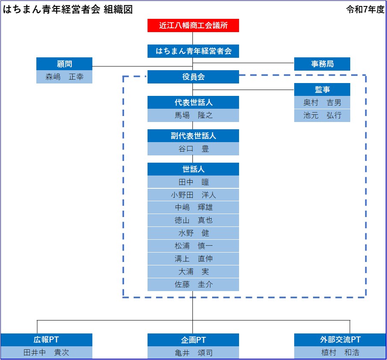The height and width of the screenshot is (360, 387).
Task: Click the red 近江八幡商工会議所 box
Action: coord(193,25)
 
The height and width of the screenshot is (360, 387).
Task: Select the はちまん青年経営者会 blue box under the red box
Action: coord(193,51)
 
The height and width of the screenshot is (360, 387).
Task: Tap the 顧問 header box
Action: coord(65,64)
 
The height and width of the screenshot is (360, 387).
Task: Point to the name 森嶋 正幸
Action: coord(65,77)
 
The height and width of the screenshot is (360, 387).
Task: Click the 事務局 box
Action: coord(322,64)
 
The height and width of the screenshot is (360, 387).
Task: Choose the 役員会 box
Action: coord(193,77)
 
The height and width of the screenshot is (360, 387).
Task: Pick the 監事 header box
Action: coord(322,89)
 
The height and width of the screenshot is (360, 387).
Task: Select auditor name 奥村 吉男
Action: coord(322,102)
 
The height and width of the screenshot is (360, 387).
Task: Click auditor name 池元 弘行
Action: coord(322,116)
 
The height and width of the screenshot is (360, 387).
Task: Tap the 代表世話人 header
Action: coord(193,102)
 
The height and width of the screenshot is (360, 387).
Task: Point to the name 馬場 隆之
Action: coord(193,116)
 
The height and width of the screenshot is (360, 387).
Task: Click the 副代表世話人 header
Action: coord(193,136)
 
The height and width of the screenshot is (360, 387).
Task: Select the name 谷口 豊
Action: coord(193,149)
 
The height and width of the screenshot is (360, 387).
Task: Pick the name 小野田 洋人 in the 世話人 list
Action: coord(193,195)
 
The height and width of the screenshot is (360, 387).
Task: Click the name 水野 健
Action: coord(193,233)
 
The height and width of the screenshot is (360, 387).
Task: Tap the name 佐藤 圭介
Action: coord(193,284)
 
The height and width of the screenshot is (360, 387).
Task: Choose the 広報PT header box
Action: coord(47,340)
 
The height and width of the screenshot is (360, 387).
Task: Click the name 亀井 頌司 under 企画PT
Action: coord(193,353)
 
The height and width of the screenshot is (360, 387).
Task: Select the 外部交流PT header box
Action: coord(340,340)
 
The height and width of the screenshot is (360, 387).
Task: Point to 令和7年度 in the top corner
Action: coord(365,10)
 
